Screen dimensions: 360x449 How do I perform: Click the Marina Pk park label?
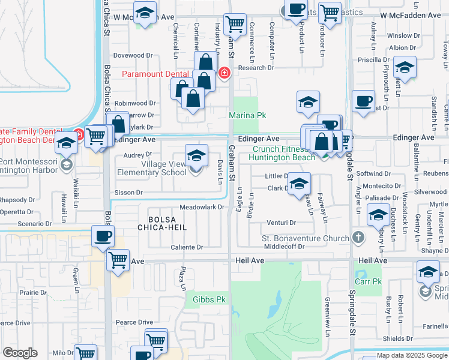(x=247, y=115)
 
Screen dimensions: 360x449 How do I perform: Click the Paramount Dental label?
(x=155, y=74)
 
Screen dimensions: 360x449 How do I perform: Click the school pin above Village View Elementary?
(x=196, y=155)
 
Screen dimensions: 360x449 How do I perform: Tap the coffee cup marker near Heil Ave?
(x=103, y=236)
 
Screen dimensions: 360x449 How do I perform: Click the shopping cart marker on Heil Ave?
(x=118, y=260)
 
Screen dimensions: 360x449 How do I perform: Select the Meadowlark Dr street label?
(x=202, y=207)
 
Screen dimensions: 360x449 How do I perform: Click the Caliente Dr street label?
(x=187, y=247)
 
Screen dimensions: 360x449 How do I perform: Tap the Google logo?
(x=20, y=353)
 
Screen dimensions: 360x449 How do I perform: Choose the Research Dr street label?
(x=256, y=68)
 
